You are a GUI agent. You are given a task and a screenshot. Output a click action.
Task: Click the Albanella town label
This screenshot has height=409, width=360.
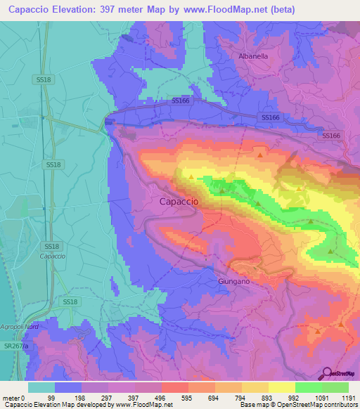(253, 56)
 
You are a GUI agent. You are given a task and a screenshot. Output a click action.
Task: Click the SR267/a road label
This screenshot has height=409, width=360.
(15, 346)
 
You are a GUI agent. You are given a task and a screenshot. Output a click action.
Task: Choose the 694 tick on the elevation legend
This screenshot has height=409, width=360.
(214, 398)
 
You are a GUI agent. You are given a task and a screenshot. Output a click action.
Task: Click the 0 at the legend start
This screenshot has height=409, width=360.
(24, 398)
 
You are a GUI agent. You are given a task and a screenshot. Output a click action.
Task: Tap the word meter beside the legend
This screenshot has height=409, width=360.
(11, 398)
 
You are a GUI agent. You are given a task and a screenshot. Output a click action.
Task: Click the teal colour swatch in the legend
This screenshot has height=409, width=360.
(41, 387)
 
